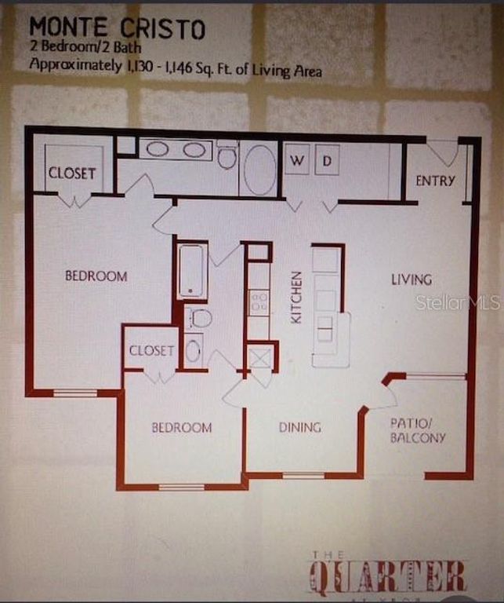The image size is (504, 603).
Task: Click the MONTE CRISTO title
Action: (118, 28)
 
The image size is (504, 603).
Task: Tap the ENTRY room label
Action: (435, 181)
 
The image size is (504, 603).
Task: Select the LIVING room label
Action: (412, 280)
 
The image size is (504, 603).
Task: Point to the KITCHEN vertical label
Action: (296, 298)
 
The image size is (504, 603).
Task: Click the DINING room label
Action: (300, 428)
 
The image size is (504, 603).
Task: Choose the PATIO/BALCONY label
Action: (418, 430)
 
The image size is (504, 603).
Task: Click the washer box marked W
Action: (296, 159)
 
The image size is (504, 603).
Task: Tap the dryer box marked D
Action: (327, 159)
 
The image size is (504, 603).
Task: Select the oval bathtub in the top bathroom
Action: (259, 169)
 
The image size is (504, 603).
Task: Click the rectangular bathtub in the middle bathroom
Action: (192, 271)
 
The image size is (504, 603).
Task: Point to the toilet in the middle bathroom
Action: (200, 318)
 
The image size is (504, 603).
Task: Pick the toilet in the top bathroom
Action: (227, 156)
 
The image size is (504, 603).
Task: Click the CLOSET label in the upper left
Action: (72, 174)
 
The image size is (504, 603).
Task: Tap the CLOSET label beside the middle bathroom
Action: (151, 351)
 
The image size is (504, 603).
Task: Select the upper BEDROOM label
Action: (96, 276)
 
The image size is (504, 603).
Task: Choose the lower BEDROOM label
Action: (181, 428)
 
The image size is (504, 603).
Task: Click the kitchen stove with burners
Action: (259, 302)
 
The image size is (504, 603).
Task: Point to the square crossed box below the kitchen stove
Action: (259, 357)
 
